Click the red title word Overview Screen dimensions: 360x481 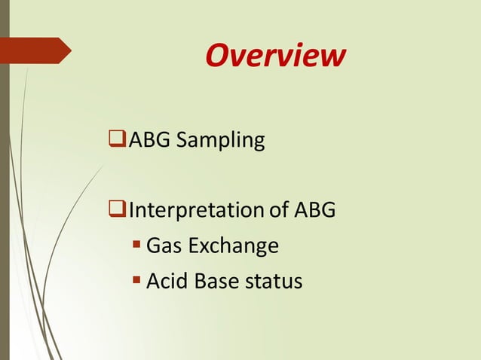[x=275, y=55]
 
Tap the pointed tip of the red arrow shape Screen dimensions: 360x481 [x=70, y=50]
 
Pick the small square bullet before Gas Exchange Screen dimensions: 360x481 [x=136, y=246]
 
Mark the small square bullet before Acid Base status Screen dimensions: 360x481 [x=136, y=281]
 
